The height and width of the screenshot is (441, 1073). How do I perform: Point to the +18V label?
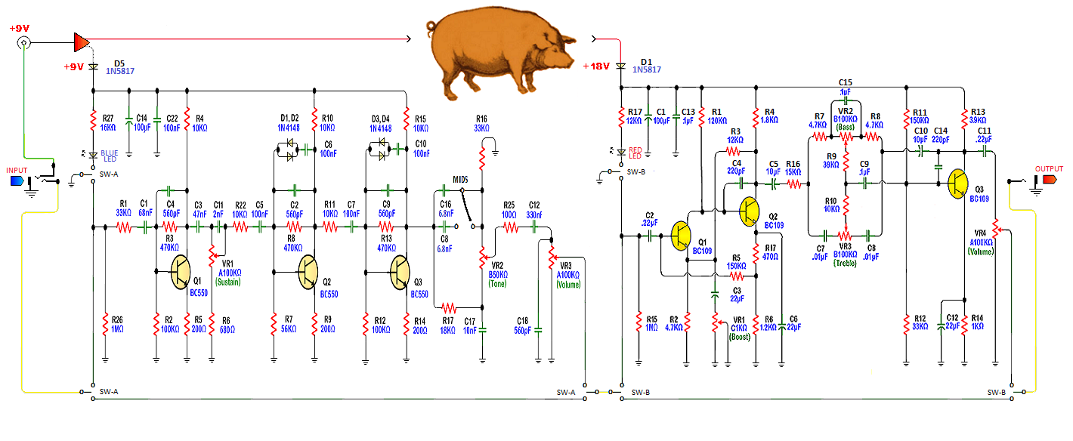596,66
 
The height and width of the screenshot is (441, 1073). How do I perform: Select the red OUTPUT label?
1048,170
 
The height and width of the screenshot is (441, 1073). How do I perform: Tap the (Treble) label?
846,264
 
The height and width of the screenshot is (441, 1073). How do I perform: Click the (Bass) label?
846,127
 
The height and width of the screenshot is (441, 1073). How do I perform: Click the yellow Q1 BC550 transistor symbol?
181,272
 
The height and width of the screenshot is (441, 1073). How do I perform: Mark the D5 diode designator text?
119,62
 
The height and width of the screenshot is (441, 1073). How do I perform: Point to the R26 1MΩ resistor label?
118,323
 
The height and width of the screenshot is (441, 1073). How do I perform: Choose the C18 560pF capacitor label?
523,325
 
